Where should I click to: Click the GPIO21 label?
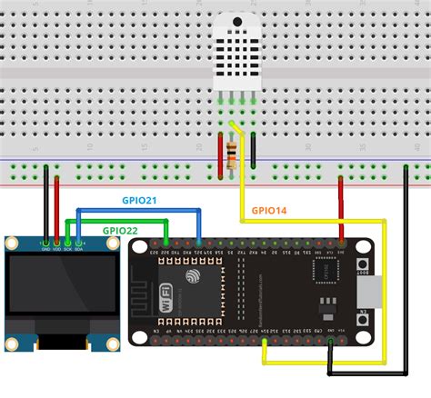point(139,200)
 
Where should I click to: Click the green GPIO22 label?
point(120,231)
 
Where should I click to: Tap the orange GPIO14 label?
point(269,211)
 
